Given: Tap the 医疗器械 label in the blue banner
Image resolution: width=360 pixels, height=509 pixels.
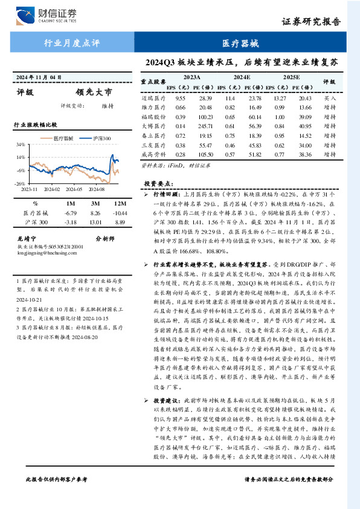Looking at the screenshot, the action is (x=240, y=44).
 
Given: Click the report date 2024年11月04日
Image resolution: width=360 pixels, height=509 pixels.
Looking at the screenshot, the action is (x=39, y=78).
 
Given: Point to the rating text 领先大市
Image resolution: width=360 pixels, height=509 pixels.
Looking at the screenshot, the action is (x=94, y=93).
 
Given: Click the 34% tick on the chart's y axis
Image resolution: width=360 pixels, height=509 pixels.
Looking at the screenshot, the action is (x=21, y=145).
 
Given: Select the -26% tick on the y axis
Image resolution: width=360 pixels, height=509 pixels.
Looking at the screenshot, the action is (x=21, y=183).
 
